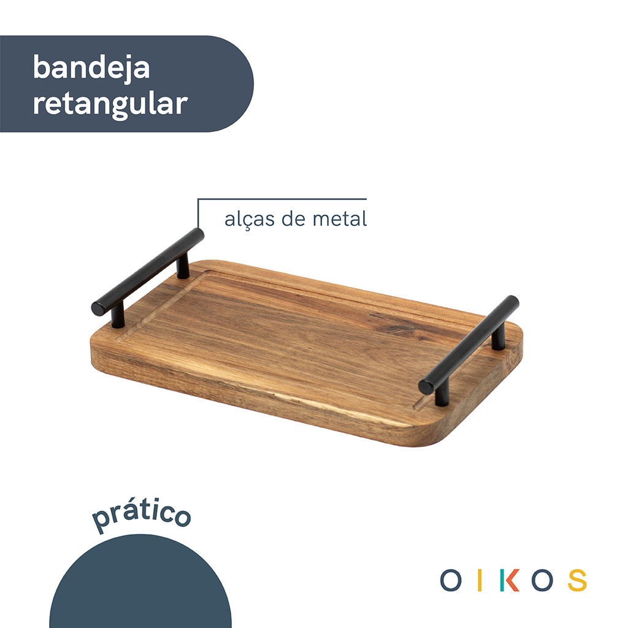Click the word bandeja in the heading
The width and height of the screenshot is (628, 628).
91,68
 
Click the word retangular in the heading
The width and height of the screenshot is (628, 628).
110,104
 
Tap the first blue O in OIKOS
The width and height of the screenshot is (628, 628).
450,580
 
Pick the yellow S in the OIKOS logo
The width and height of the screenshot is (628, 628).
576,580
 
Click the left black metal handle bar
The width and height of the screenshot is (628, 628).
147,272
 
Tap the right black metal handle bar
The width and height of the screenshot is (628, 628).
469,345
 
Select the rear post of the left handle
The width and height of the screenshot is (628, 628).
183,267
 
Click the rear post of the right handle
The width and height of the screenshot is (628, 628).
499,337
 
